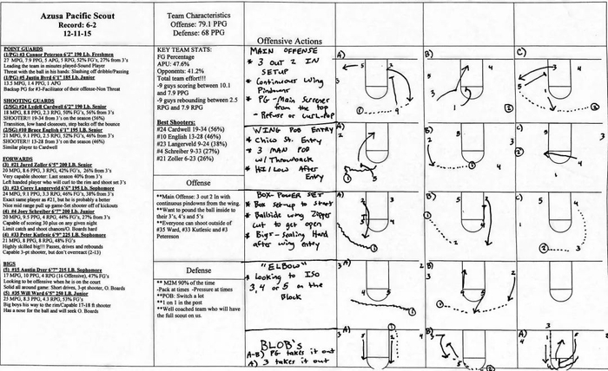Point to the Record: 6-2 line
coord(70,27)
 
